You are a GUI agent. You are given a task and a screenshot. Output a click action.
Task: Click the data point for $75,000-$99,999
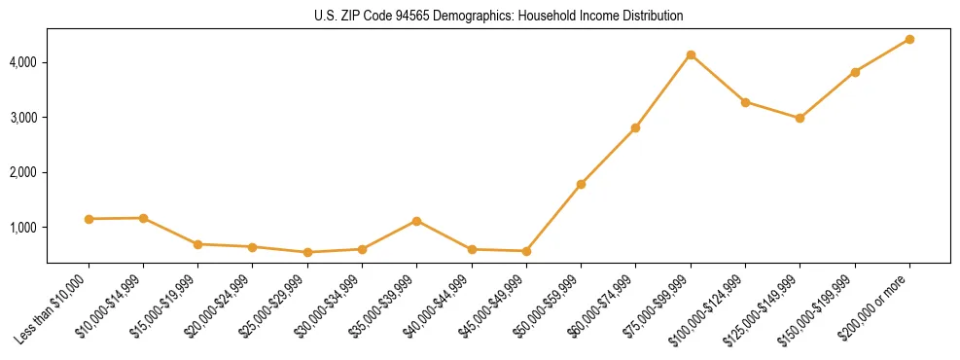[691, 54]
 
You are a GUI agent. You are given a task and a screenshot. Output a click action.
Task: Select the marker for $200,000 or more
[909, 39]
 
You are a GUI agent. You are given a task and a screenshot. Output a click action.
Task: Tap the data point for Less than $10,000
[89, 219]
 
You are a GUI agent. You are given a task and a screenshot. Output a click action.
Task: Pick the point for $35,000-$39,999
[417, 221]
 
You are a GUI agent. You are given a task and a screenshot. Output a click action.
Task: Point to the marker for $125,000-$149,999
[800, 118]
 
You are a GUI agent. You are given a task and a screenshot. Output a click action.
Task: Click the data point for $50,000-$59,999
[581, 184]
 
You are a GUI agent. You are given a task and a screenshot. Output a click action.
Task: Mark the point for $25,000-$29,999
[307, 252]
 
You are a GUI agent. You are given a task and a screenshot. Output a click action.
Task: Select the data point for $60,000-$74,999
[635, 127]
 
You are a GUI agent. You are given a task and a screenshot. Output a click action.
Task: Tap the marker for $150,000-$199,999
[855, 72]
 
